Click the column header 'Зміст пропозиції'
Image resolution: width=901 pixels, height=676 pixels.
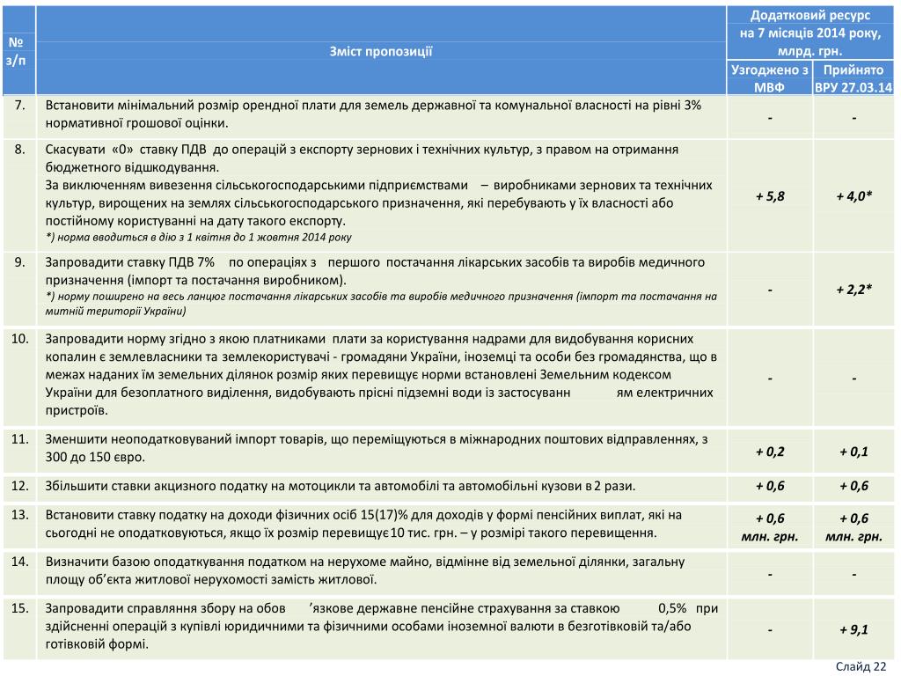pyautogui.click(x=382, y=51)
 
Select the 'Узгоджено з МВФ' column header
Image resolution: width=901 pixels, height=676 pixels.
pyautogui.click(x=769, y=77)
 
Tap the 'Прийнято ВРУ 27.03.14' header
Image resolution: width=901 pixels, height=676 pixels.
pyautogui.click(x=853, y=77)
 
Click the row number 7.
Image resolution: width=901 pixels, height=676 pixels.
pyautogui.click(x=18, y=106)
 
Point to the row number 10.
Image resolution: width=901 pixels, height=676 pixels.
pyautogui.click(x=18, y=338)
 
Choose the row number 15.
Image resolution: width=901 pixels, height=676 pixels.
pyautogui.click(x=18, y=607)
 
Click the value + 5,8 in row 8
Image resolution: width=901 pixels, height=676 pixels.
pyautogui.click(x=769, y=196)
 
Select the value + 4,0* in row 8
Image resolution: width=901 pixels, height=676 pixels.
pyautogui.click(x=853, y=196)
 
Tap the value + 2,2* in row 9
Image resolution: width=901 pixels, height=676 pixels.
pyautogui.click(x=853, y=288)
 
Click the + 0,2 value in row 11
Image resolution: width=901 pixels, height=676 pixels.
pyautogui.click(x=769, y=452)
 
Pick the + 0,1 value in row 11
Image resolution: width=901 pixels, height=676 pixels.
pyautogui.click(x=853, y=452)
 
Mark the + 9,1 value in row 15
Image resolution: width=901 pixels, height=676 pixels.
pyautogui.click(x=853, y=629)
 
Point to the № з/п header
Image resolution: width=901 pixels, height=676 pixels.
pyautogui.click(x=18, y=51)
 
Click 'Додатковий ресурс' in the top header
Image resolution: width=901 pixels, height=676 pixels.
pyautogui.click(x=810, y=17)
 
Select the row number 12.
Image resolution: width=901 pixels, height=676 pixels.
pyautogui.click(x=18, y=485)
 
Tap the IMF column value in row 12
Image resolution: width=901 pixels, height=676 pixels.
pyautogui.click(x=769, y=486)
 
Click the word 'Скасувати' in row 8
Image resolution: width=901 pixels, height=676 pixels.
pyautogui.click(x=73, y=149)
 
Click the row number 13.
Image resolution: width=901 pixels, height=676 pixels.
pyautogui.click(x=18, y=514)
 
